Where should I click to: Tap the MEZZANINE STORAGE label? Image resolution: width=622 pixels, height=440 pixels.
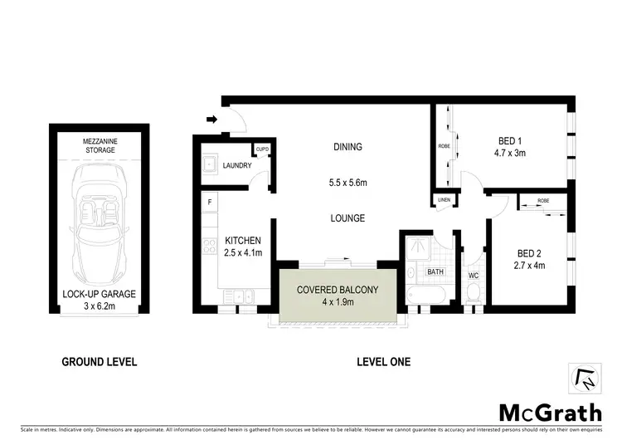[99, 146]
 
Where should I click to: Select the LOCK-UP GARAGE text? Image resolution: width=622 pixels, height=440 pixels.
[100, 295]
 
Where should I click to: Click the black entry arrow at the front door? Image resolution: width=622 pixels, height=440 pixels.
[211, 120]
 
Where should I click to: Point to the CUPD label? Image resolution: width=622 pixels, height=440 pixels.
[263, 149]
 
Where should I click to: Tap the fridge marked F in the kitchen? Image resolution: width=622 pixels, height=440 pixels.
[211, 202]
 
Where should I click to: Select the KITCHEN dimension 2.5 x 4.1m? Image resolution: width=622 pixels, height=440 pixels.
[244, 252]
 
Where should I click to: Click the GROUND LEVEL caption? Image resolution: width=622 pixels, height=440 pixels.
[99, 362]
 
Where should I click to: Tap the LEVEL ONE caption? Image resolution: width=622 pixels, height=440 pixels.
[382, 362]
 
